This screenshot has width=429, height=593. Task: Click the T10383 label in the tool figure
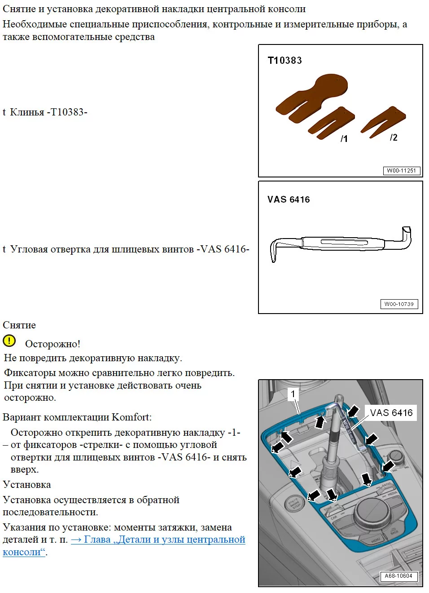click(285, 61)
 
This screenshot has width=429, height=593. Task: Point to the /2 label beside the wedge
click(394, 137)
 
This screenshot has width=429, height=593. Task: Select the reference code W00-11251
click(401, 171)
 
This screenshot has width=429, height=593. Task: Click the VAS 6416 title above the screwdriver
click(289, 200)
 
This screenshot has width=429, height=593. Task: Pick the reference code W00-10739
click(399, 304)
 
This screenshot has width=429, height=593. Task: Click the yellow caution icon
click(9, 341)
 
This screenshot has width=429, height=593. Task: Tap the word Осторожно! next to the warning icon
click(53, 344)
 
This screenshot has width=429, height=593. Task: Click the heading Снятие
click(19, 325)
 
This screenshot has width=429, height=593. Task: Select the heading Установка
click(27, 485)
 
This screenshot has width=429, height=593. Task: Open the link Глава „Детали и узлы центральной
click(158, 540)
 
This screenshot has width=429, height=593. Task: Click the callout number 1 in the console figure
click(293, 394)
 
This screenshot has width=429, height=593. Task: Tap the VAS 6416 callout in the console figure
click(391, 413)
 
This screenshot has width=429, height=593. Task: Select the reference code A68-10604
click(398, 576)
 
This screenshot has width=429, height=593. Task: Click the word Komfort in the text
click(130, 417)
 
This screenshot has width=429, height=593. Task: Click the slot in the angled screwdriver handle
click(344, 243)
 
